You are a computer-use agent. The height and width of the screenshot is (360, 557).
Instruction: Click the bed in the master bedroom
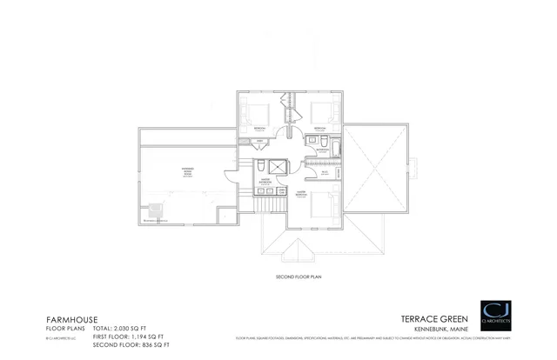pos(319,205)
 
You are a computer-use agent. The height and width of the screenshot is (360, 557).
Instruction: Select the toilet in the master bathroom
pos(260,166)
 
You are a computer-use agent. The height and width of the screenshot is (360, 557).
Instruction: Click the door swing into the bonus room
pos(229,175)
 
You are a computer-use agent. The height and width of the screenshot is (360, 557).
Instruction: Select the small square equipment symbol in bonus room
pos(157,209)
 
